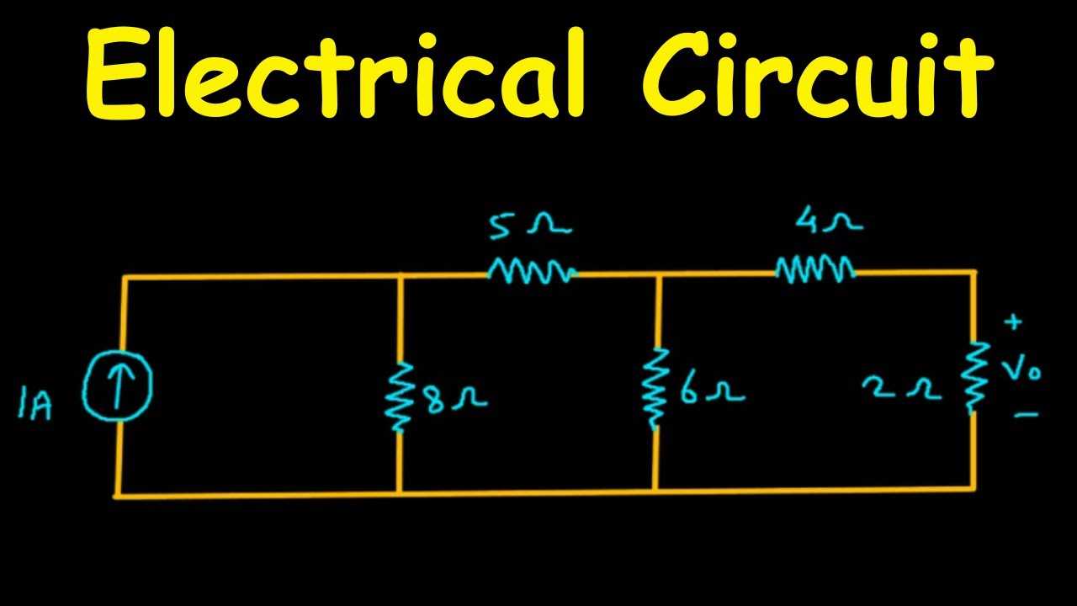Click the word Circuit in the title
click(821, 73)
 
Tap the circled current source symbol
click(117, 385)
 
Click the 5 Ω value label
click(529, 225)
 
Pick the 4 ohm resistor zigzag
click(814, 269)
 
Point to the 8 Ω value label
click(455, 398)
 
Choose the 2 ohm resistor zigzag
click(974, 377)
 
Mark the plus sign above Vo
click(1013, 322)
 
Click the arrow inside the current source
click(117, 385)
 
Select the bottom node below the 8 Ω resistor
click(400, 493)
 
